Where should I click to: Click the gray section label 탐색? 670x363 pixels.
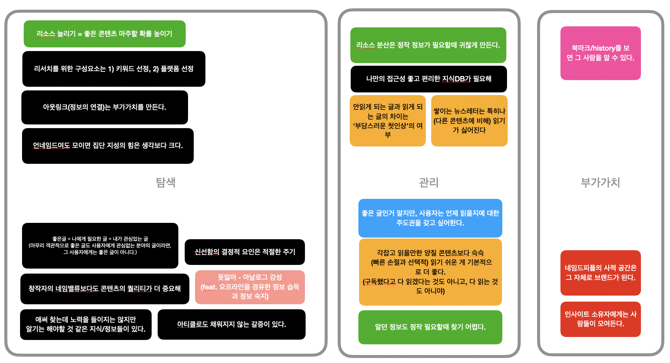pos(166,183)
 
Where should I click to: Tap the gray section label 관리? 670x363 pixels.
pos(429,183)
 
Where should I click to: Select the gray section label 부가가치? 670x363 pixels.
pos(600,183)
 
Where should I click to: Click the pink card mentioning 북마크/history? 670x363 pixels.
pos(600,53)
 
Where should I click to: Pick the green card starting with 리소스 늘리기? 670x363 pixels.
pos(105,34)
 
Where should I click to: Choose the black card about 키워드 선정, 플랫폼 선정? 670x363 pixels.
pos(114,69)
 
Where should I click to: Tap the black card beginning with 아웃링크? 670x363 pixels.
pos(105,107)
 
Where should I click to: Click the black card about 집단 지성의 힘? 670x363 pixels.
pos(108,146)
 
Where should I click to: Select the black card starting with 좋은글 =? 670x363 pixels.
pos(100,246)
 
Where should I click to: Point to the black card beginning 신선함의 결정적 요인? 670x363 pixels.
pos(244,252)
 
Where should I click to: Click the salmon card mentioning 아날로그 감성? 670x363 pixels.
pos(250,287)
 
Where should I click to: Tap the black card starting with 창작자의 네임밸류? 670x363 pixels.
pos(105,289)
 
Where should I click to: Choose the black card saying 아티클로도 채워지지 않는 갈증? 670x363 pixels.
pos(231,324)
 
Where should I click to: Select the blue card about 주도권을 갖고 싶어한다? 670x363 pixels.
pos(430,218)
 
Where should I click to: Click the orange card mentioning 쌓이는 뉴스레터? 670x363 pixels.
pos(469,120)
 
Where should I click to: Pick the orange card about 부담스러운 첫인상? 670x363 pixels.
pos(387,120)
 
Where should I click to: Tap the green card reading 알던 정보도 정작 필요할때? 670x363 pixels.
pos(430,327)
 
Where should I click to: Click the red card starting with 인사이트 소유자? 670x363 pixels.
pos(600,319)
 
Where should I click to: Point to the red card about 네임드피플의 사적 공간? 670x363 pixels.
pos(600,273)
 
